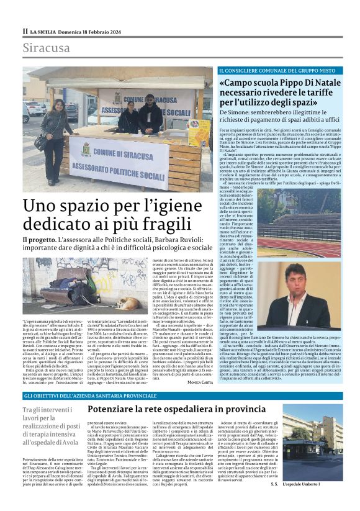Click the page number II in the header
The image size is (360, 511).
pos(25,31)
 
